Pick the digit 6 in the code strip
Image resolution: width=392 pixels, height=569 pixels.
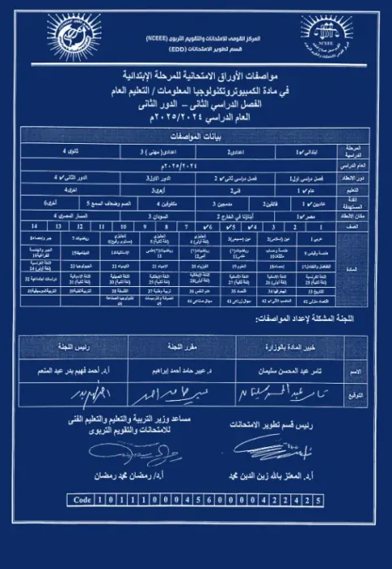(x=206, y=501)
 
